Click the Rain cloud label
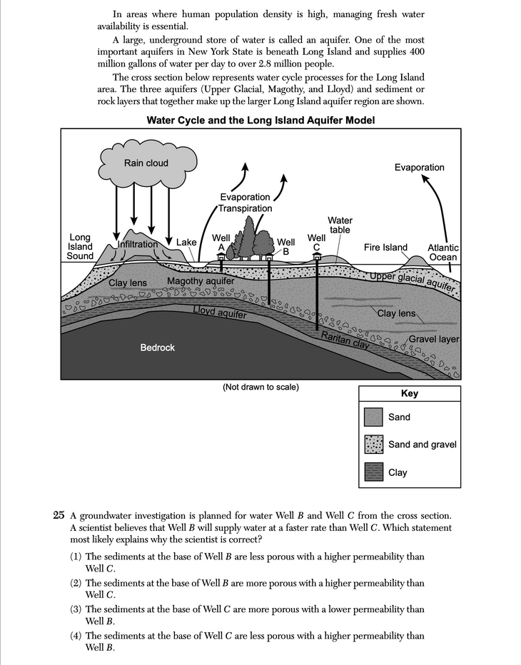click(146, 163)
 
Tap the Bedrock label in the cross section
click(157, 347)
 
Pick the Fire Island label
click(385, 248)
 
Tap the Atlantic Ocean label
click(442, 253)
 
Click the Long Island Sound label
click(80, 247)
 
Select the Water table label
click(340, 225)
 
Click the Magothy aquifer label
click(201, 281)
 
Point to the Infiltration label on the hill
click(137, 244)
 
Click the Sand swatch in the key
click(373, 417)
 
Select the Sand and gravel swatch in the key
click(373, 445)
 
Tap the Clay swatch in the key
click(373, 472)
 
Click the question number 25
click(59, 515)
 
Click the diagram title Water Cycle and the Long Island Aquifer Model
click(260, 120)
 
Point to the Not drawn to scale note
click(260, 387)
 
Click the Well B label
click(286, 247)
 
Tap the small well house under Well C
click(316, 255)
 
